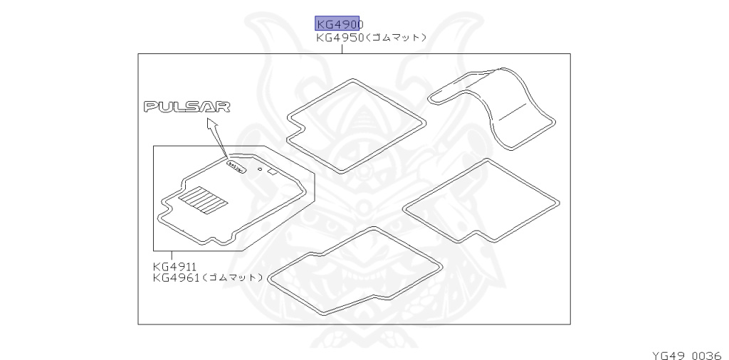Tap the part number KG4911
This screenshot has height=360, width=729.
(x=174, y=267)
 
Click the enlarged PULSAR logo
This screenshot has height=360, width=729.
(x=187, y=107)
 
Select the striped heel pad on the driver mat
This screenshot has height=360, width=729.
(x=202, y=198)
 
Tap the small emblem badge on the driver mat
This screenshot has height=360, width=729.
(x=235, y=165)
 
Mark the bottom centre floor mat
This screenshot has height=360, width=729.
(x=356, y=270)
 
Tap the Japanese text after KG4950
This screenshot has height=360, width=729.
(x=396, y=38)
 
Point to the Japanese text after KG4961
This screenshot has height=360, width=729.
(x=233, y=277)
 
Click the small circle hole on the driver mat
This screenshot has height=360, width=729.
(x=261, y=170)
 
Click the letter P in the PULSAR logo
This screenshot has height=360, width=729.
(x=151, y=107)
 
